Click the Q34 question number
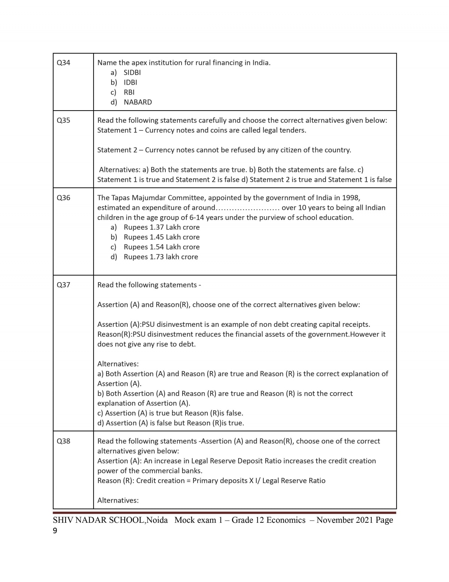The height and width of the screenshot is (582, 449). coord(63,63)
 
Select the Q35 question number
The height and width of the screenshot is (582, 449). coord(63,120)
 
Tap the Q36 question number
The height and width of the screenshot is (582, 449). coord(63,197)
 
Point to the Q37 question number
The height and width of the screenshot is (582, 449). coord(63,285)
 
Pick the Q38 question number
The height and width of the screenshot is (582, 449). coord(63,441)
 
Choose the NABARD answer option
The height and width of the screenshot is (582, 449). coord(138,102)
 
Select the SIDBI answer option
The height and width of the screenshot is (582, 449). coord(132,72)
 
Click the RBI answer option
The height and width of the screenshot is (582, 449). coord(129,92)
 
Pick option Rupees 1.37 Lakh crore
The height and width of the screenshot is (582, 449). coord(162,227)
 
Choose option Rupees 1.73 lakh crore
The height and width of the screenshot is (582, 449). coord(161,257)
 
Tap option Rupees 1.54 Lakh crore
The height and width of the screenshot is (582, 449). coord(162,247)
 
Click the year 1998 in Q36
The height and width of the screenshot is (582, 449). coord(351,197)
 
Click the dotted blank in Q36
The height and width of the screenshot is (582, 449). coord(248,208)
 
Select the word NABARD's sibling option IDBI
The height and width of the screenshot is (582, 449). coord(130,82)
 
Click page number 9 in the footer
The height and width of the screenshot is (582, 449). coord(55,531)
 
